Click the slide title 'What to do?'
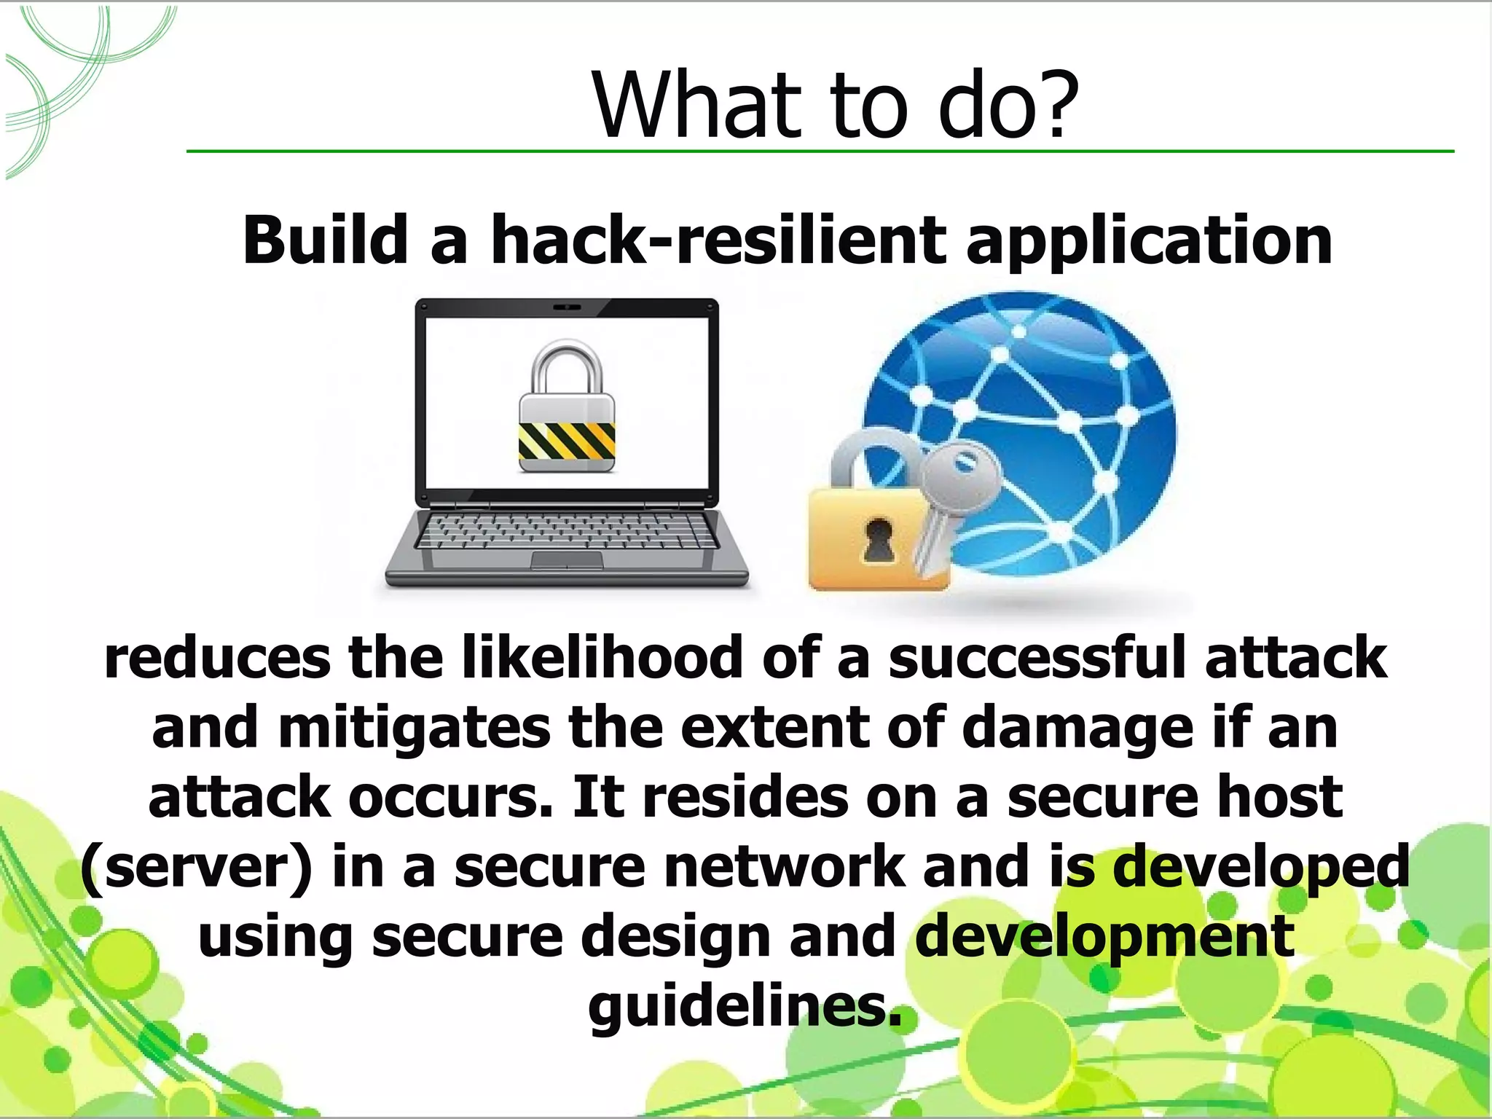click(x=835, y=106)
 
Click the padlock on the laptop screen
click(x=567, y=408)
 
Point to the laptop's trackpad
click(x=567, y=559)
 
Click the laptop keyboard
click(x=567, y=530)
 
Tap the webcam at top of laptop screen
click(x=567, y=307)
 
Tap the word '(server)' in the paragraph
click(x=196, y=868)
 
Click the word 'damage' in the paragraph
click(x=1077, y=729)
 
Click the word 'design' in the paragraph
click(x=675, y=939)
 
